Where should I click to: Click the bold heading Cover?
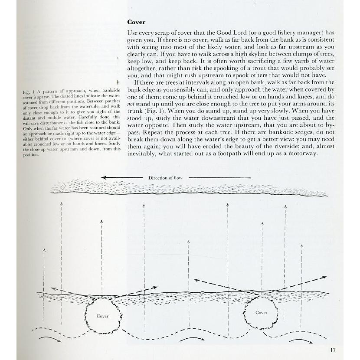click(x=136, y=22)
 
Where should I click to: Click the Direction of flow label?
click(x=165, y=178)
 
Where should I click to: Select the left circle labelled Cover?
click(x=102, y=315)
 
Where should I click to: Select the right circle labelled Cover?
click(x=261, y=312)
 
